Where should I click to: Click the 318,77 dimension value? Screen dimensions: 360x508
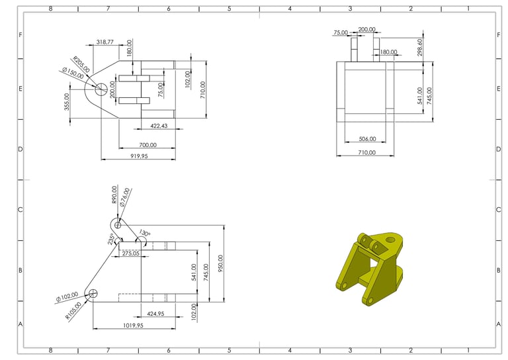tap(105, 42)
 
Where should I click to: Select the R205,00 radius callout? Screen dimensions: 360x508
tap(81, 64)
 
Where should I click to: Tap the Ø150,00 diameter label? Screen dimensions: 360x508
tap(73, 73)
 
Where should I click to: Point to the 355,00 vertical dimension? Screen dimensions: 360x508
tap(67, 102)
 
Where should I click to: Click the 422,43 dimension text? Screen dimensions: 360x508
tap(159, 126)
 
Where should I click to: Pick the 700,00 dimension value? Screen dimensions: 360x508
tap(148, 145)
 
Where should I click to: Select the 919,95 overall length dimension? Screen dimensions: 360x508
tap(139, 156)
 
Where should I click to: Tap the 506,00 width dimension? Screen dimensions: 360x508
tap(366, 140)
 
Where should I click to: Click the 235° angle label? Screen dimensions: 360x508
tap(112, 238)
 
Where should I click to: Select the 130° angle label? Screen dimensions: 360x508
tap(144, 234)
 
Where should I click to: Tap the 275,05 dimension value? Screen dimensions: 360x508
tap(130, 253)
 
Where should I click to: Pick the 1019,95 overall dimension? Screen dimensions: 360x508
tap(134, 326)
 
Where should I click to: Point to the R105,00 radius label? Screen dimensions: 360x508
tap(74, 310)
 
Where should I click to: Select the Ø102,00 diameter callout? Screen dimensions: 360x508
tap(67, 296)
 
